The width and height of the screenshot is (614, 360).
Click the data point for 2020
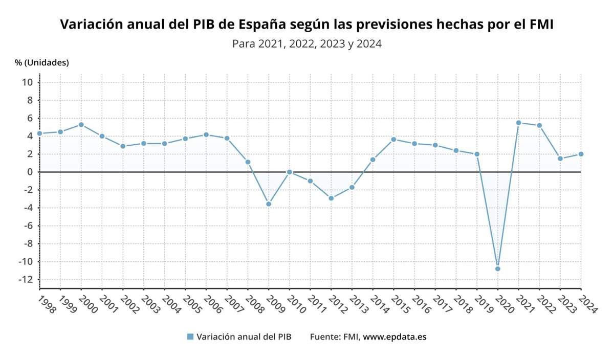click(x=497, y=268)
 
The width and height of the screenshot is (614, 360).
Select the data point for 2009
click(x=269, y=204)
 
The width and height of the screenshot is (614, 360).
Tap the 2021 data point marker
click(x=518, y=123)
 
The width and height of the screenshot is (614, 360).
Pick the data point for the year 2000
click(x=81, y=125)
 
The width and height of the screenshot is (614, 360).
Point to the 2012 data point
click(x=331, y=198)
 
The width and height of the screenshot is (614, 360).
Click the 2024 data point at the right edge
click(x=581, y=154)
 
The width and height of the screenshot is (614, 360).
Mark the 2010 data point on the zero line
click(x=290, y=172)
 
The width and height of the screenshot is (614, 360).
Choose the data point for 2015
click(x=393, y=139)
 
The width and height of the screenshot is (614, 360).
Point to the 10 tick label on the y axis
click(x=28, y=82)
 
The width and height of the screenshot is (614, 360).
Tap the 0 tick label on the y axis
click(x=30, y=172)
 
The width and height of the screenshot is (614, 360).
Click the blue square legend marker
click(x=190, y=336)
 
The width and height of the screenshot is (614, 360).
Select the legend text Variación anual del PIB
click(x=244, y=336)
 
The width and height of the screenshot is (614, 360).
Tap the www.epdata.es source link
click(x=394, y=336)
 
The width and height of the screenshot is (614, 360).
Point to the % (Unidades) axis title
click(x=41, y=62)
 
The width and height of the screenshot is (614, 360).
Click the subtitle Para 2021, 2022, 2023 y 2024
click(x=307, y=44)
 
